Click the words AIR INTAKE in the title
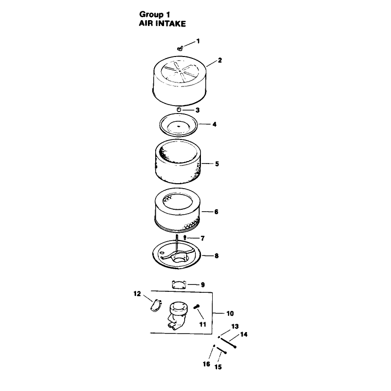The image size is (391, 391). point(162,24)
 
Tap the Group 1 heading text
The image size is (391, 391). point(155,14)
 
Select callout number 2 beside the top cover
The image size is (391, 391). point(220,60)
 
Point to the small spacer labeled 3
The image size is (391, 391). point(178,110)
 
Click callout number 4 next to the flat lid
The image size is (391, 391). point(215,124)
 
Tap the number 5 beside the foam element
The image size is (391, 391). point(217,164)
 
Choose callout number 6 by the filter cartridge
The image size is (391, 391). point(216,212)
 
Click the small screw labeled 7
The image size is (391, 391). point(185,237)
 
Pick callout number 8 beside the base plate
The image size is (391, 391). point(217,256)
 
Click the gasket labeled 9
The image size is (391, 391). point(179,284)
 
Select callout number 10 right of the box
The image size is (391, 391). point(230,313)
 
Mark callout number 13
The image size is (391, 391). point(235,327)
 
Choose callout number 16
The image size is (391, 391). point(206,364)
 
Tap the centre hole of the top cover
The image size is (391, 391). point(180,71)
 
